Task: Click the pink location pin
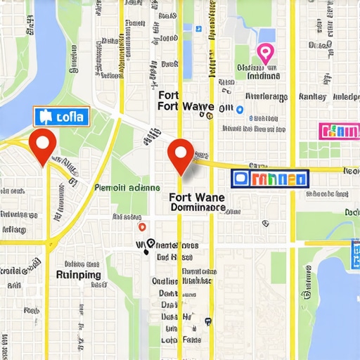264,53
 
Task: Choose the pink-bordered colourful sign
339,131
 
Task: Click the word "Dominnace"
198,209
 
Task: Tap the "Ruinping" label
79,275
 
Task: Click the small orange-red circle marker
143,226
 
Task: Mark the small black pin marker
148,247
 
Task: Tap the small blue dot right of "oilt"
240,109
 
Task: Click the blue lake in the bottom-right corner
337,295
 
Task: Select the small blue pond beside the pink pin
266,35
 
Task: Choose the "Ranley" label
313,96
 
